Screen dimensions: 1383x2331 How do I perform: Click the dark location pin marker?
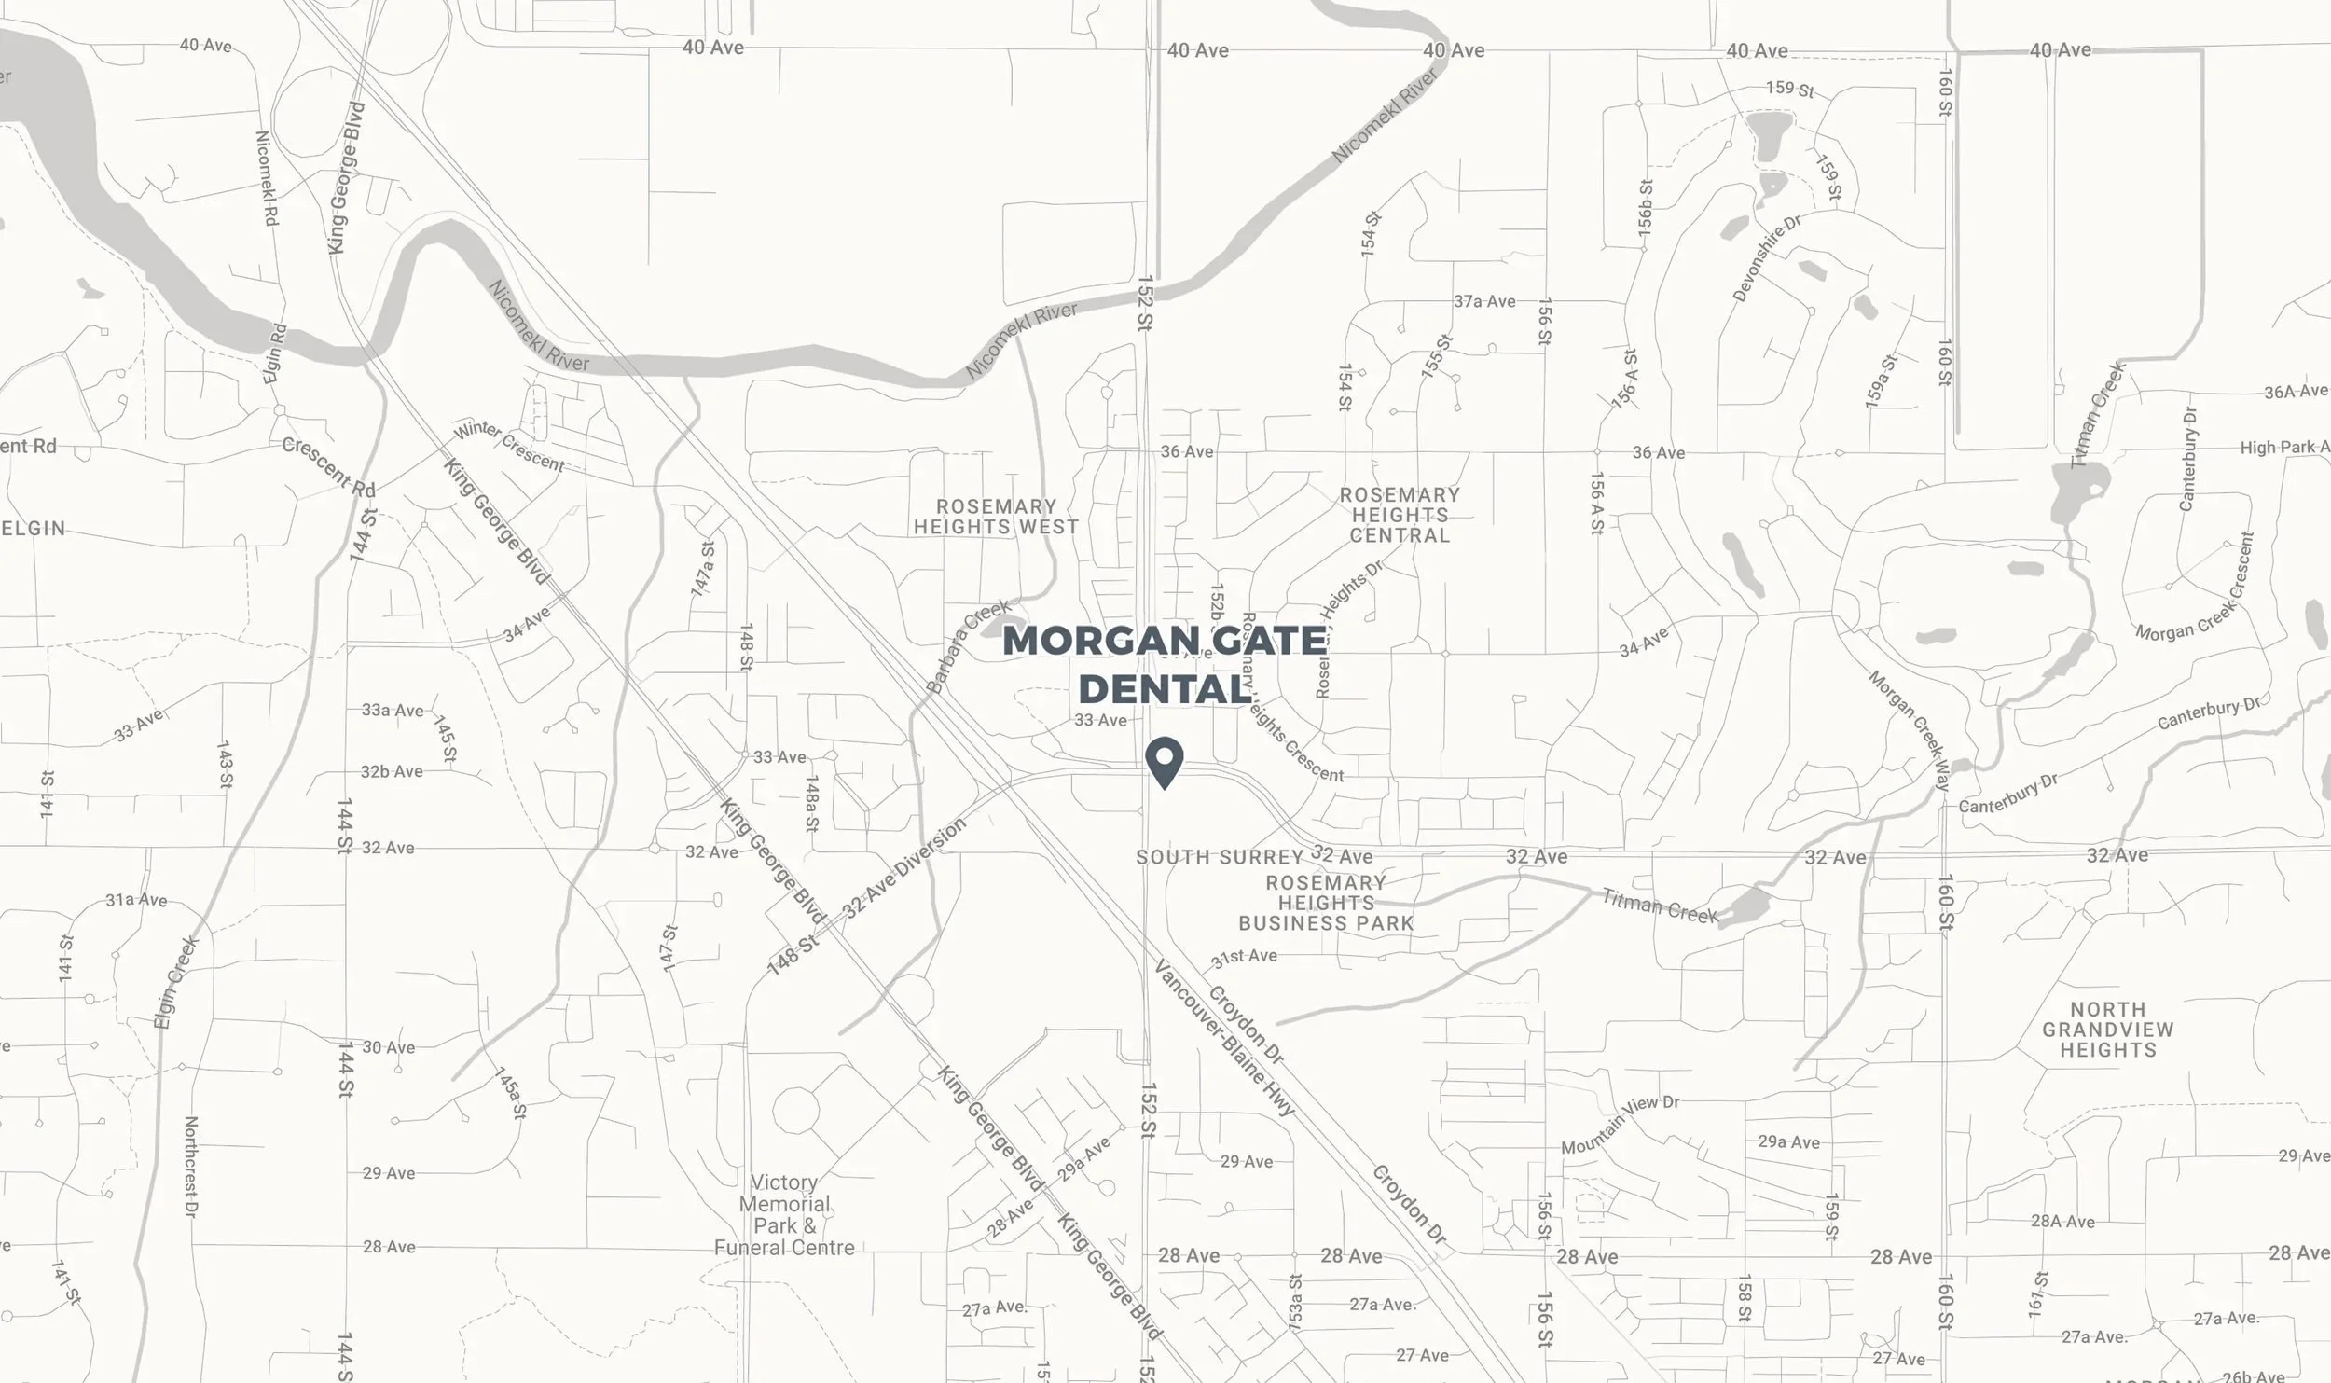point(1165,760)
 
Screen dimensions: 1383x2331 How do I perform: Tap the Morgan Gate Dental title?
point(1165,665)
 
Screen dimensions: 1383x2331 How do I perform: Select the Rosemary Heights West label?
point(996,517)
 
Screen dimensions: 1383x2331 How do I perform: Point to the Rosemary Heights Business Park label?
point(1326,903)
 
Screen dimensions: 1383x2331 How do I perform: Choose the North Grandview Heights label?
point(2107,1030)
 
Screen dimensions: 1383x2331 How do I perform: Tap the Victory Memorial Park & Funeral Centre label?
point(784,1215)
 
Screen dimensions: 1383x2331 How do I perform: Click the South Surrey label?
point(1219,857)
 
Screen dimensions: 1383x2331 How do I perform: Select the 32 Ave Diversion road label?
point(903,867)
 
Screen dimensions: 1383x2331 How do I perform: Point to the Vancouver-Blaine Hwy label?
point(1224,1037)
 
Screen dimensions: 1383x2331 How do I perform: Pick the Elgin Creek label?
point(176,981)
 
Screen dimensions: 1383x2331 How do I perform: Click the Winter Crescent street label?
point(509,447)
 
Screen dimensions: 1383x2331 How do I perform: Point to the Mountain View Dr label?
point(1620,1124)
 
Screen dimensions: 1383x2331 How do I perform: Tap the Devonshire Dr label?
point(1766,258)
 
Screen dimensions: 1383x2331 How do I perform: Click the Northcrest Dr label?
point(192,1167)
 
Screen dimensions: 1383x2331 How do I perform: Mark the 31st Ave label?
point(1244,957)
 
